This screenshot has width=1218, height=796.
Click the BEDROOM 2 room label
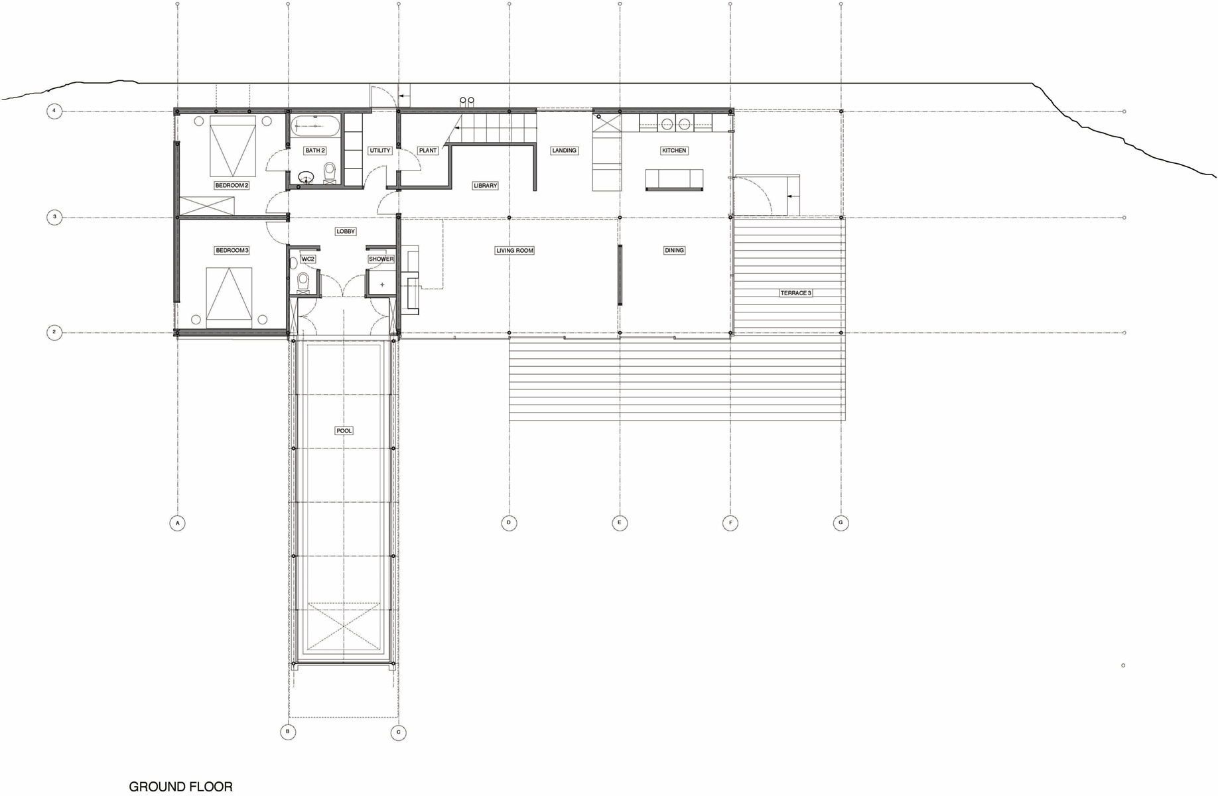pyautogui.click(x=232, y=186)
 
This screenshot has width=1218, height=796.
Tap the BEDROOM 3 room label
pyautogui.click(x=232, y=251)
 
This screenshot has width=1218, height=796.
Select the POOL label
pyautogui.click(x=344, y=431)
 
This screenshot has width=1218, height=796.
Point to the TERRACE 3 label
pyautogui.click(x=795, y=293)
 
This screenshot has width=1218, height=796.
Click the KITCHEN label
pyautogui.click(x=674, y=151)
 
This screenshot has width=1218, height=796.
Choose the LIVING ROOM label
pyautogui.click(x=515, y=251)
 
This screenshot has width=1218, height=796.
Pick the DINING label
pyautogui.click(x=674, y=251)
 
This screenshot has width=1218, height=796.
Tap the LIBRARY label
pyautogui.click(x=485, y=186)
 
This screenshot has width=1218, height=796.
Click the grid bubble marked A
pyautogui.click(x=177, y=523)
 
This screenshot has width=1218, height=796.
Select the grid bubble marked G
pyautogui.click(x=841, y=523)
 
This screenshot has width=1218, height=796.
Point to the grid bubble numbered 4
pyautogui.click(x=54, y=111)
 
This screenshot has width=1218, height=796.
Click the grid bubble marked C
pyautogui.click(x=398, y=733)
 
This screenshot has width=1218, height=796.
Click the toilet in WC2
pyautogui.click(x=304, y=281)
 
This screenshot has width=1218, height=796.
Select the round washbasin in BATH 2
pyautogui.click(x=306, y=177)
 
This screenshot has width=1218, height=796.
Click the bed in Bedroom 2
pyautogui.click(x=233, y=147)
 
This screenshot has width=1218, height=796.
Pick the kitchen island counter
pyautogui.click(x=674, y=180)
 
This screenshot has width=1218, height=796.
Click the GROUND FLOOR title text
pyautogui.click(x=181, y=787)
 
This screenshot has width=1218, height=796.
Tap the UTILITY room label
pyautogui.click(x=380, y=151)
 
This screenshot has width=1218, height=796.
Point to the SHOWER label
pyautogui.click(x=381, y=259)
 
